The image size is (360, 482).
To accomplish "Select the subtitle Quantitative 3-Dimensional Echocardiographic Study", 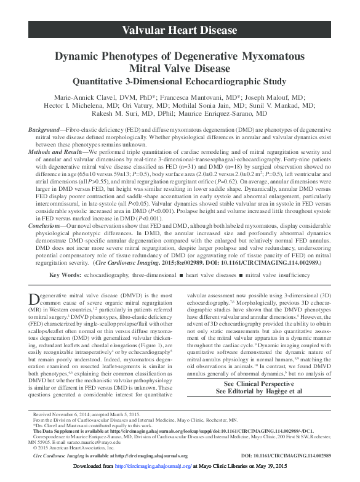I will pyautogui.click(x=180, y=81).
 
